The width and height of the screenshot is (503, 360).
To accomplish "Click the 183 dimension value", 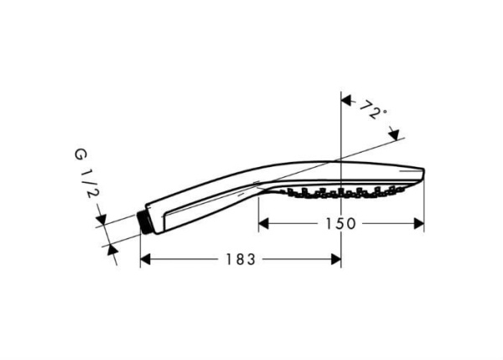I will click(240, 260).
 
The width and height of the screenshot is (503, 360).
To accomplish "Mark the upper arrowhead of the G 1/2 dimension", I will click(102, 222).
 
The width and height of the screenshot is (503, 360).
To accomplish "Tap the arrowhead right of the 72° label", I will click(396, 132).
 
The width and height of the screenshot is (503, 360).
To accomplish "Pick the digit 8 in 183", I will click(240, 260).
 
